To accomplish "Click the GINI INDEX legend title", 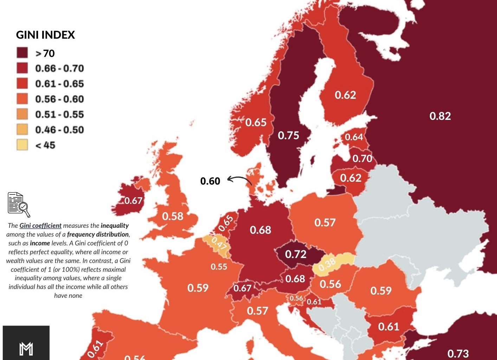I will pos(45,35).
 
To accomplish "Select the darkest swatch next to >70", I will pos(22,53).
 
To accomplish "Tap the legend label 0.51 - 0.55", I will pos(59,115).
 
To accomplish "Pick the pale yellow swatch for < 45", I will pos(22,145).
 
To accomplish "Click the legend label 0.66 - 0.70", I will pos(59,68).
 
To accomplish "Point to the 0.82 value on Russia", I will pos(440,116).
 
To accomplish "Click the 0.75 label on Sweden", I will pos(288,135).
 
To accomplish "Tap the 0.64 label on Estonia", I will pos(354,137).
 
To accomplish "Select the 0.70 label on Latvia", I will pos(362,159).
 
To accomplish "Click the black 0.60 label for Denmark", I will pos(210,181).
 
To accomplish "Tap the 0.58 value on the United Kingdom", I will pos(173,216).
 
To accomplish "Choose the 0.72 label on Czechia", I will pos(296,254).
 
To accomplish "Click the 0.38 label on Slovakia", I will pos(327,264).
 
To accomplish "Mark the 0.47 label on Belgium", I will pos(219,243).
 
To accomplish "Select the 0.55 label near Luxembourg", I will pos(219,267).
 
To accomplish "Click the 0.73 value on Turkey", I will pos(458,353).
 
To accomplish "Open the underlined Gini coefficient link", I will pos(40,226).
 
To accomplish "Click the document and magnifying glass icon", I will pos(19,204).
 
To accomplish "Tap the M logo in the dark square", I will pos(26,348).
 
